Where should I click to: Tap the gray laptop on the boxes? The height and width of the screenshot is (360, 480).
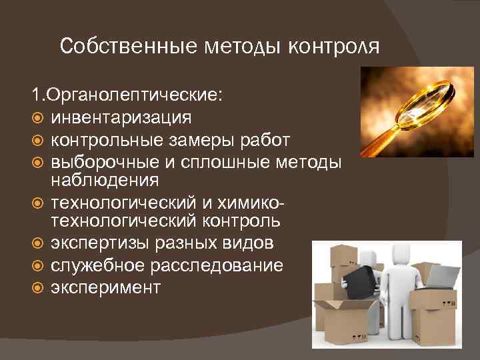pyautogui.click(x=443, y=273)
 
